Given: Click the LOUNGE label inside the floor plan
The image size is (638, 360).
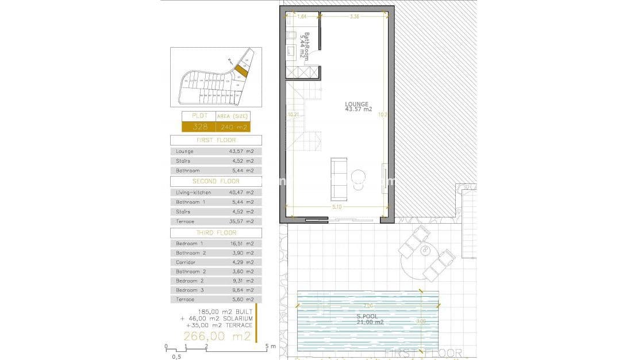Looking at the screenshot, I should click(358, 106).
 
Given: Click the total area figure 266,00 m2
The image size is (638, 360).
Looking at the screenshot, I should click(217, 336).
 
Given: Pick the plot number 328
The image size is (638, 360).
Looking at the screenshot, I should click(198, 127).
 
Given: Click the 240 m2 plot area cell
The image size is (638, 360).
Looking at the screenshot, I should click(238, 127).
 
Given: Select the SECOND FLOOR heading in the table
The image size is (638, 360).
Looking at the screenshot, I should click(216, 181).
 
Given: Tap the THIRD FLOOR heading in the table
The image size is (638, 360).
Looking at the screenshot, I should click(216, 232).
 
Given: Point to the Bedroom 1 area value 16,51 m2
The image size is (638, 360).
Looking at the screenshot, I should click(241, 243).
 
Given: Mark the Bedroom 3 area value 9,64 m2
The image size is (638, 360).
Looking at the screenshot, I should click(241, 290).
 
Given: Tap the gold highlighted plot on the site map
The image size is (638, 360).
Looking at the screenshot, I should click(241, 71).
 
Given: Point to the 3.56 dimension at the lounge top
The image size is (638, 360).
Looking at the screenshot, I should click(354, 17).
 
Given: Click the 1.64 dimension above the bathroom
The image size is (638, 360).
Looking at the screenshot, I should click(302, 17).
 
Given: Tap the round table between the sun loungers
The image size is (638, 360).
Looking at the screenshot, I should click(426, 250).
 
